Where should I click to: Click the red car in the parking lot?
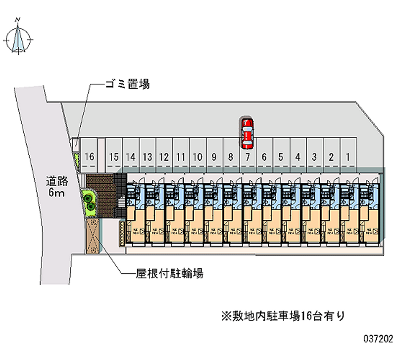[x=247, y=133]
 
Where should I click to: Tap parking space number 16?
[x=89, y=157]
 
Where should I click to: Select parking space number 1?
[x=348, y=157]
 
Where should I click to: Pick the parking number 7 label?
[x=247, y=157]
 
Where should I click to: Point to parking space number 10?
[x=198, y=157]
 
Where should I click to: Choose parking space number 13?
[x=147, y=157]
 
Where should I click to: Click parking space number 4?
[x=297, y=157]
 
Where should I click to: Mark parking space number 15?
[x=114, y=157]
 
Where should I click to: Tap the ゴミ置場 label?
[x=126, y=85]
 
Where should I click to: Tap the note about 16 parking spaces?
[x=283, y=315]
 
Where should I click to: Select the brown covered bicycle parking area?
[x=93, y=236]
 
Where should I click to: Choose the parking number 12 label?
[x=164, y=157]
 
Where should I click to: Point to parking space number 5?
[x=280, y=157]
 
